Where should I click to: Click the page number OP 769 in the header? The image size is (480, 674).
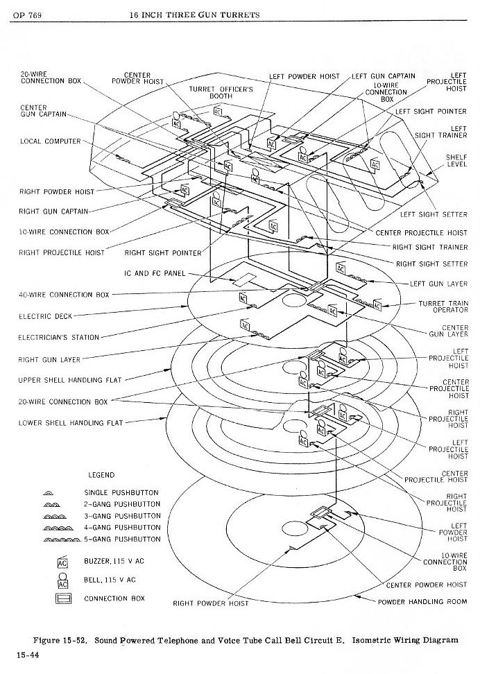click(28, 15)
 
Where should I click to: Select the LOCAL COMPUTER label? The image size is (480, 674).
click(51, 141)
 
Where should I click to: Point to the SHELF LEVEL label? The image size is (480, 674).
click(456, 161)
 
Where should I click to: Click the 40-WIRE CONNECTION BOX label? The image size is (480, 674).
click(64, 295)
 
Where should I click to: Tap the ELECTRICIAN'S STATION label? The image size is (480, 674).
click(59, 338)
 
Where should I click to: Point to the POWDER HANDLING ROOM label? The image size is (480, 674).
click(422, 602)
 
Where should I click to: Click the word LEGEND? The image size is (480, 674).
click(102, 475)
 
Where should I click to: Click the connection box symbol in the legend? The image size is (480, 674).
click(62, 598)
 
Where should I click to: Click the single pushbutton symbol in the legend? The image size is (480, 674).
click(62, 492)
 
